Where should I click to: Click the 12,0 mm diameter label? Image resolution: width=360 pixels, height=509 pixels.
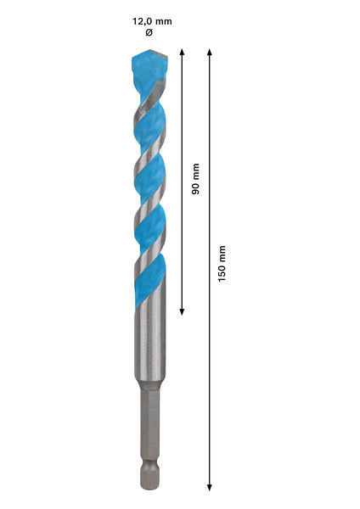[152, 22]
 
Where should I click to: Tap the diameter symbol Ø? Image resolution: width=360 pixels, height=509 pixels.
[149, 32]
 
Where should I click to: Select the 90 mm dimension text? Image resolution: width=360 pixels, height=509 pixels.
[195, 179]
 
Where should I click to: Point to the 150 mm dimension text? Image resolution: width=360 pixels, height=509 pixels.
[222, 264]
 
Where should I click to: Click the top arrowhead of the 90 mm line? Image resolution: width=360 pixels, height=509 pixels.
[182, 52]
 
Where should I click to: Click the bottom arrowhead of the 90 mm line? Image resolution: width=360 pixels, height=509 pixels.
[182, 311]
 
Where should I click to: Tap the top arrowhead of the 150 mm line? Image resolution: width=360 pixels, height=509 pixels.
[210, 52]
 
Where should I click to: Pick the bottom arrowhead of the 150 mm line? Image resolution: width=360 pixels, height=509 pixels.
[210, 487]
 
